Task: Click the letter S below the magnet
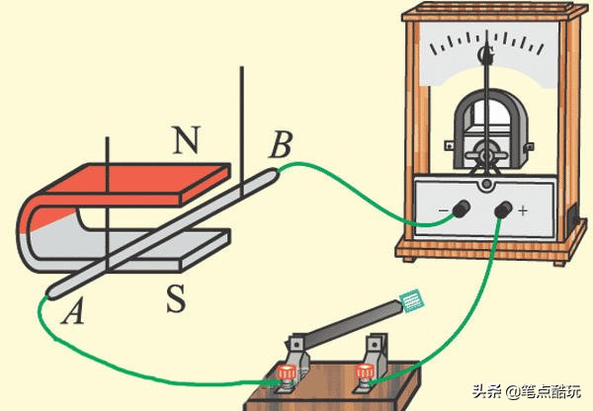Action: (x=176, y=299)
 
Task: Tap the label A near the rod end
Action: (x=70, y=313)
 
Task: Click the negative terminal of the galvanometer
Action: (x=460, y=208)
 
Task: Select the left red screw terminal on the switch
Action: (x=286, y=373)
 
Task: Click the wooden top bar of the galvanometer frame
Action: (x=485, y=14)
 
